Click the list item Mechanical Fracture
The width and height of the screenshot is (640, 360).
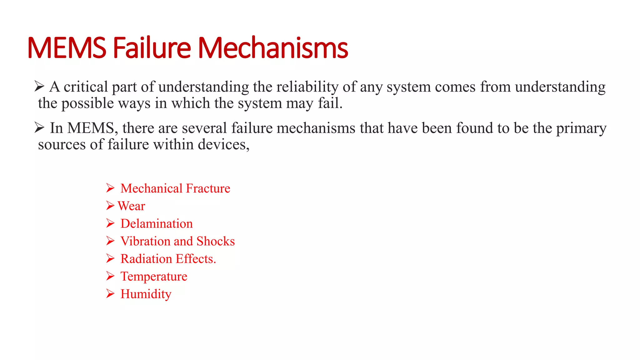tap(175, 188)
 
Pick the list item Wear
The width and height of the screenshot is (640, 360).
tap(131, 206)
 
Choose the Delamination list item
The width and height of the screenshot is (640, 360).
tap(157, 224)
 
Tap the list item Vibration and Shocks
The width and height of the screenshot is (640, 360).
tap(177, 241)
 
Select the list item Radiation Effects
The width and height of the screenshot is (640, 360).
tap(168, 259)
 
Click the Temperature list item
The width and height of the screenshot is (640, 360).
tap(154, 277)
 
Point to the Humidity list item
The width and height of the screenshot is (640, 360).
tap(146, 294)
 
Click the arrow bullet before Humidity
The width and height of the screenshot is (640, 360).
tap(110, 294)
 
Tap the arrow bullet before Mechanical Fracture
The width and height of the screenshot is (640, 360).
tap(110, 188)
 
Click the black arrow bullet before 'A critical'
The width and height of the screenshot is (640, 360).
tap(39, 86)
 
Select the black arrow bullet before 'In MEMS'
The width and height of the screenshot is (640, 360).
tap(39, 127)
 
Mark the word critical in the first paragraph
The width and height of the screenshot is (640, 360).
tap(86, 87)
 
